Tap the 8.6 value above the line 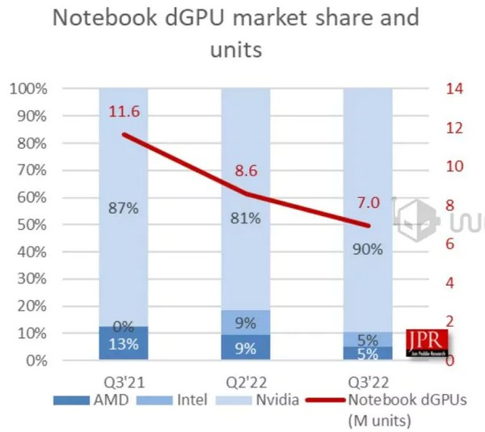[x=246, y=171]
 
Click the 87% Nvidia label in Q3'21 [x=124, y=208]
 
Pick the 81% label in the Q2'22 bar [x=245, y=218]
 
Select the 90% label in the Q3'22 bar [x=368, y=250]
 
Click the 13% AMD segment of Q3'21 [x=124, y=344]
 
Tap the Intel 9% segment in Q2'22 [x=246, y=322]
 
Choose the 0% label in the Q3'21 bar [x=124, y=327]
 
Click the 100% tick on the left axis [x=28, y=88]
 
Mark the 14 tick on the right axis [x=454, y=88]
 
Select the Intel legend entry [x=175, y=399]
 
